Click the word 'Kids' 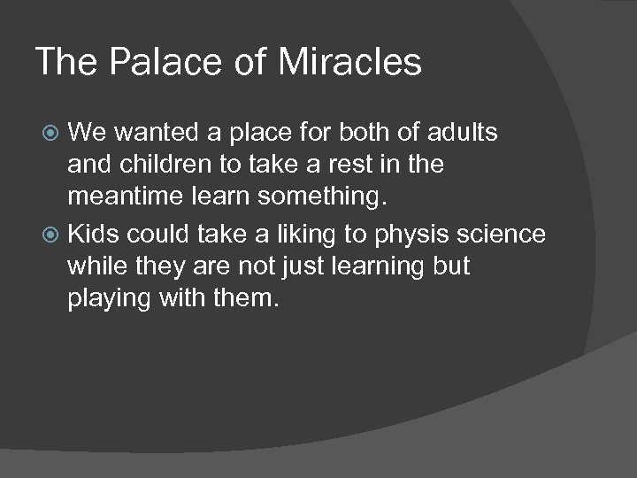pos(93,234)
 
